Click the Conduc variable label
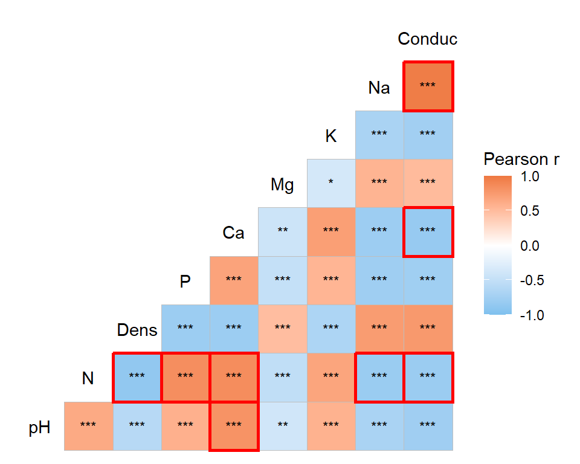(x=427, y=39)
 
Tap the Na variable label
(x=379, y=88)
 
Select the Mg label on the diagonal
(x=282, y=184)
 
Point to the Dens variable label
(x=137, y=330)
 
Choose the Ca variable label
(x=233, y=233)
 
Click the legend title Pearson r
(x=521, y=159)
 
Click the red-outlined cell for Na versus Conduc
(x=428, y=86)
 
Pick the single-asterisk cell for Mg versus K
(x=330, y=183)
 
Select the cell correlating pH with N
(x=88, y=426)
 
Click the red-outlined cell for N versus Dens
(x=137, y=378)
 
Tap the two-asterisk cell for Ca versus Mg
(x=282, y=231)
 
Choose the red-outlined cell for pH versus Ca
(x=234, y=426)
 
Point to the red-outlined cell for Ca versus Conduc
(x=428, y=231)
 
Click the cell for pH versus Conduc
(x=428, y=426)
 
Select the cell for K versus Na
(x=379, y=135)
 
